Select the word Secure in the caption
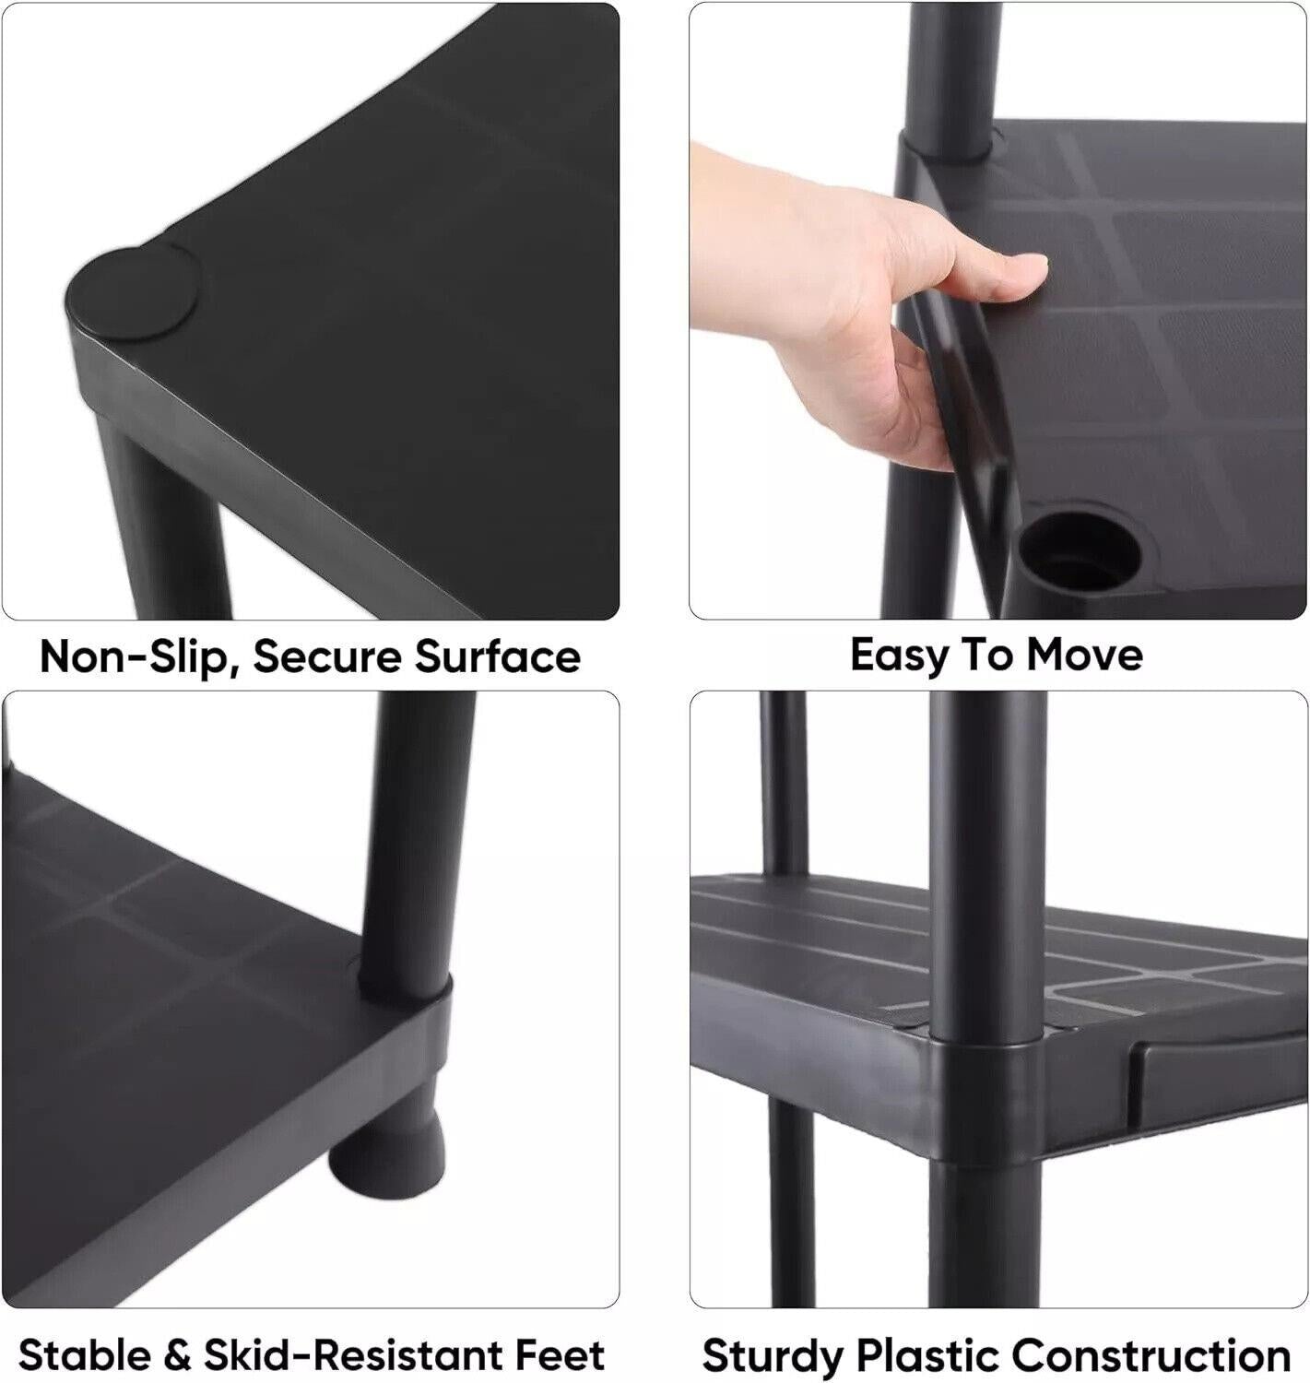pos(327,656)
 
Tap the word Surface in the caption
pos(498,656)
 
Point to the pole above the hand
pos(953,77)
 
